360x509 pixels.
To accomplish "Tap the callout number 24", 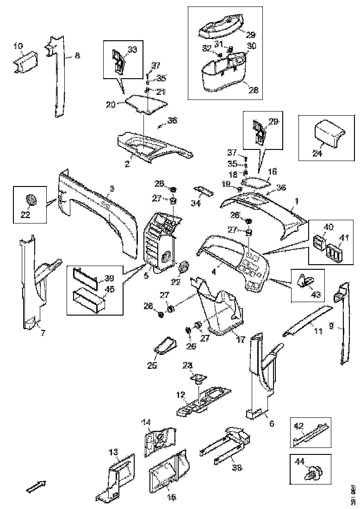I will coord(317,154).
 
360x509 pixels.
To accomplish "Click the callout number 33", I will coord(132,50).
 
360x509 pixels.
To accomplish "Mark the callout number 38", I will coord(237,468).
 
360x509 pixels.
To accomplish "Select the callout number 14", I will coord(146,422).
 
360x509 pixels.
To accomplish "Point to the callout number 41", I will coord(343,238).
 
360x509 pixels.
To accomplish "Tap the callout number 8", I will coord(77,56).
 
